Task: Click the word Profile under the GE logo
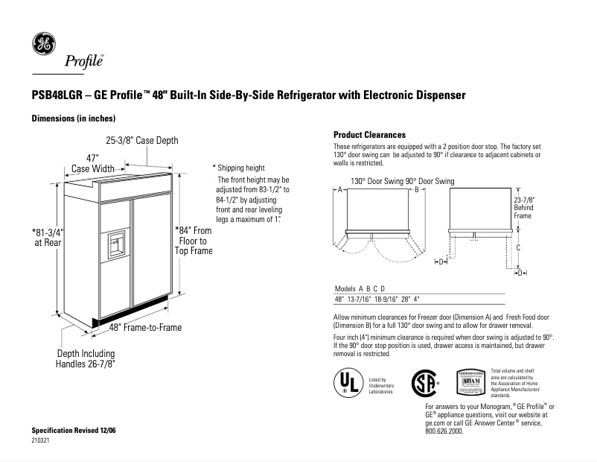pyautogui.click(x=83, y=61)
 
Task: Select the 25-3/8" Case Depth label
pyautogui.click(x=142, y=140)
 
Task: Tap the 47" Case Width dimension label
pyautogui.click(x=92, y=164)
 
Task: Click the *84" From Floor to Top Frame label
pyautogui.click(x=194, y=241)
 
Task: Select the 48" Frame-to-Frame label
pyautogui.click(x=145, y=327)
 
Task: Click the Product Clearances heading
pyautogui.click(x=369, y=135)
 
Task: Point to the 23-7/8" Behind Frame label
pyautogui.click(x=524, y=208)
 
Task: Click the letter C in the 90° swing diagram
pyautogui.click(x=518, y=247)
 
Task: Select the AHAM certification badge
pyautogui.click(x=471, y=380)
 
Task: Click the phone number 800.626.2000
pyautogui.click(x=444, y=431)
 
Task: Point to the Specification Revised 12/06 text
pyautogui.click(x=74, y=431)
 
